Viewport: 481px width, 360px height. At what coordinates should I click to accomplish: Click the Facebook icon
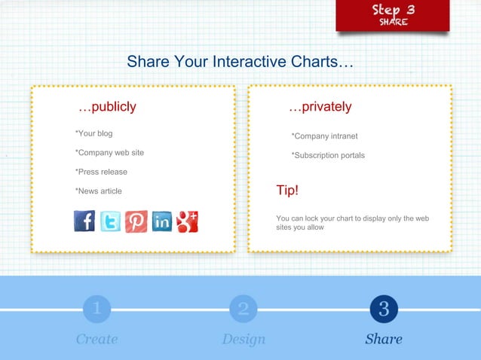click(x=84, y=221)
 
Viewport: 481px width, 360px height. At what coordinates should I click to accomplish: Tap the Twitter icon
click(x=111, y=221)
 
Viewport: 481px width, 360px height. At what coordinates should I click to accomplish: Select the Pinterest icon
click(x=136, y=221)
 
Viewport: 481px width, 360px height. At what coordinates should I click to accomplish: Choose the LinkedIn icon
click(x=162, y=221)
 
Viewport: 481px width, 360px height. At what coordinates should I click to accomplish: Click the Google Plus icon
click(x=188, y=221)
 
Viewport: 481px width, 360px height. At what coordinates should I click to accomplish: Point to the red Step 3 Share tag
click(x=392, y=15)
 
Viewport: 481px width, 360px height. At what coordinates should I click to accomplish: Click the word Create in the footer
click(x=97, y=339)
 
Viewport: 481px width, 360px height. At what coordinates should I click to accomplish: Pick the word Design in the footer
click(x=244, y=339)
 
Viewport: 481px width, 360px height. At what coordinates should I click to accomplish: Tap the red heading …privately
click(x=320, y=107)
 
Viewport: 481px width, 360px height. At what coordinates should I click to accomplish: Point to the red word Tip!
click(x=287, y=191)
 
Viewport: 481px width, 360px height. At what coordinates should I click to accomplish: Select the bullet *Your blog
click(x=93, y=133)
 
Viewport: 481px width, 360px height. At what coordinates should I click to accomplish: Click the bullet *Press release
click(x=101, y=172)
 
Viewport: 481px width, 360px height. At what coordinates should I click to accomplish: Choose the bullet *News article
click(x=98, y=191)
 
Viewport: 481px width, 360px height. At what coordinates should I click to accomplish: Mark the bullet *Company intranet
click(x=324, y=136)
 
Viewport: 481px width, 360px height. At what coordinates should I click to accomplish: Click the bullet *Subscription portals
click(x=328, y=155)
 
